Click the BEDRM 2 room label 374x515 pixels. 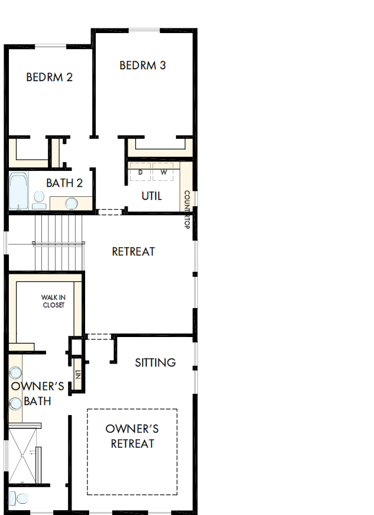coord(50,77)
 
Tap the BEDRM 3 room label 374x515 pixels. coord(142,66)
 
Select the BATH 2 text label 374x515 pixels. coord(64,183)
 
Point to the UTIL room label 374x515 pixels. coord(151,196)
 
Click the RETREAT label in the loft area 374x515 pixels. coord(134,252)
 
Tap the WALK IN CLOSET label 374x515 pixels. coord(53,301)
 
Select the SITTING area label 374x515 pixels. coord(155,362)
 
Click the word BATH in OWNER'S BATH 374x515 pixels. coord(37,401)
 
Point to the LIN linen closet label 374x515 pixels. coord(77,375)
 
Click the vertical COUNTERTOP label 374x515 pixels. coord(187,209)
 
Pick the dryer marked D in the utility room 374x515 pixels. coord(141,172)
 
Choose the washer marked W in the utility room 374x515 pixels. coord(164,172)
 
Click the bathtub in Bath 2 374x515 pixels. coord(18,191)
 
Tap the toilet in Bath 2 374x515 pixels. coord(39,199)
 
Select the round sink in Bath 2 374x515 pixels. coord(71,203)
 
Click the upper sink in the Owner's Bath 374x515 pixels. coord(15,373)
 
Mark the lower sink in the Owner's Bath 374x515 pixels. coord(15,403)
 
